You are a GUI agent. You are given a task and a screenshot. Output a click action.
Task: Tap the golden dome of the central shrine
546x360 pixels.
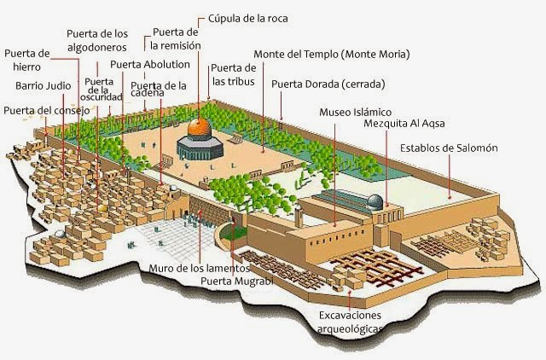(198, 128)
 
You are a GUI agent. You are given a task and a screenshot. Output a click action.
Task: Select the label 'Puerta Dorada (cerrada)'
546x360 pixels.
(328, 84)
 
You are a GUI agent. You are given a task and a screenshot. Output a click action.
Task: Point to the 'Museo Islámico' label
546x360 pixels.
(355, 112)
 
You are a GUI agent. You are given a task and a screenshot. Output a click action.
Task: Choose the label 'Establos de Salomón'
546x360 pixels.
(449, 148)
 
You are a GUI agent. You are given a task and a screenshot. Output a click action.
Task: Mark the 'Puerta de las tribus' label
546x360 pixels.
(233, 75)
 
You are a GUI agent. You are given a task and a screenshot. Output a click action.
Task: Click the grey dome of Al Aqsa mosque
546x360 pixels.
(373, 201)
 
